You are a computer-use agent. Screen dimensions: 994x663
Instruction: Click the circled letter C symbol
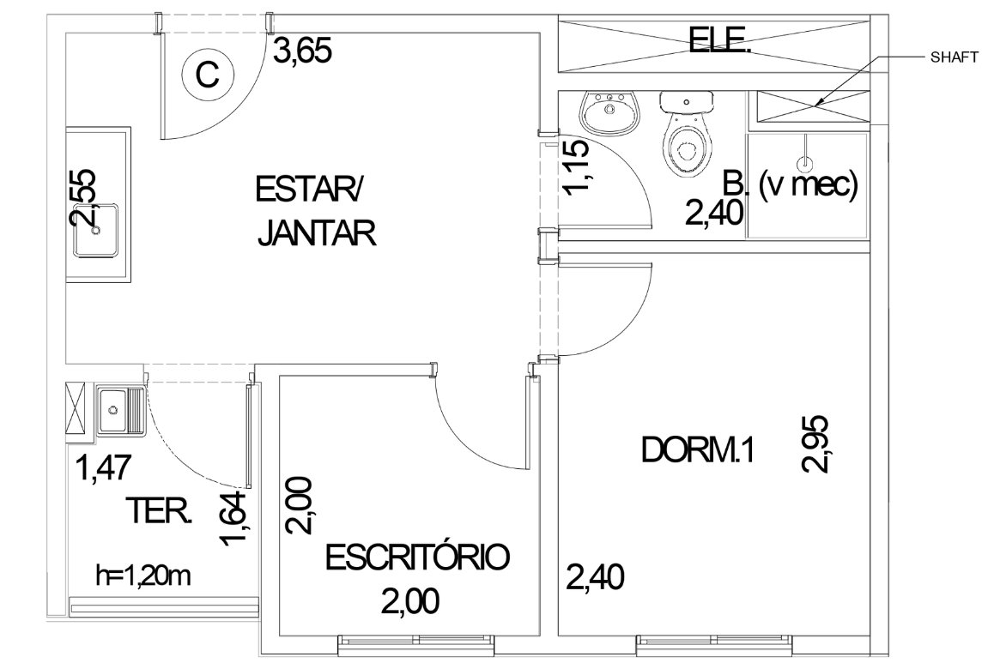[208, 75]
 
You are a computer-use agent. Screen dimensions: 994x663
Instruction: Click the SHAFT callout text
[954, 57]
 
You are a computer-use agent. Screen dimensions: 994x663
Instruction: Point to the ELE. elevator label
[719, 42]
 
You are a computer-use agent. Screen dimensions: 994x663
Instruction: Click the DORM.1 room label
[697, 451]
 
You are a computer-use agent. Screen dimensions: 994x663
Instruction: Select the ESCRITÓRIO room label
[417, 558]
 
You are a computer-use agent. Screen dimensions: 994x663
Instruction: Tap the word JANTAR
[317, 232]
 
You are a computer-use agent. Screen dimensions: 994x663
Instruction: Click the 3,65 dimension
[302, 51]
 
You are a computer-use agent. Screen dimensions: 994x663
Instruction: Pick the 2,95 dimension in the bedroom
[815, 443]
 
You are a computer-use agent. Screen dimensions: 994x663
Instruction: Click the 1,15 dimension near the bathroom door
[576, 167]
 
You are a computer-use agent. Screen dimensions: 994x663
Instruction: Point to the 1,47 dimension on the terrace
[103, 468]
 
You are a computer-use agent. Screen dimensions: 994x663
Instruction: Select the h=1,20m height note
[143, 576]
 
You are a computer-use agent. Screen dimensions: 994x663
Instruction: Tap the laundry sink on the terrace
[121, 409]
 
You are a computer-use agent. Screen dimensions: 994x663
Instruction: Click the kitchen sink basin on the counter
[96, 230]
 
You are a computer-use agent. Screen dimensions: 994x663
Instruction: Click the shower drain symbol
[806, 161]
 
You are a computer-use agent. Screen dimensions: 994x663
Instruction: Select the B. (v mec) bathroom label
[790, 184]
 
